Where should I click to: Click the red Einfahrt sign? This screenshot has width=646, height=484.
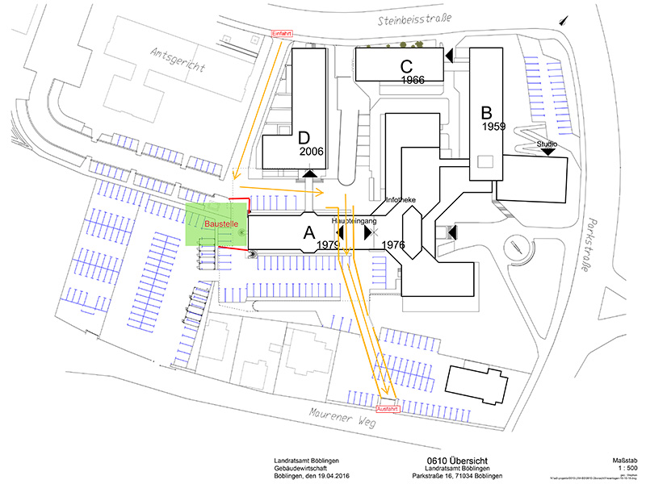click(x=280, y=33)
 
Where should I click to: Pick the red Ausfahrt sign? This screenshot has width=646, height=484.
click(x=388, y=409)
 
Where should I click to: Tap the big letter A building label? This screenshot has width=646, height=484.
click(x=308, y=233)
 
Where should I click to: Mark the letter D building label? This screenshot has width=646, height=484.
click(x=304, y=138)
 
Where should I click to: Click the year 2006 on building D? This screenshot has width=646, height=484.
click(x=312, y=151)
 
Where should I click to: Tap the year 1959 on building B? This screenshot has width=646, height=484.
click(x=493, y=127)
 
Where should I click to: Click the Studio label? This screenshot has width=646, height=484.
click(x=547, y=144)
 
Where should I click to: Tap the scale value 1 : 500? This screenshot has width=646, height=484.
click(x=616, y=467)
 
